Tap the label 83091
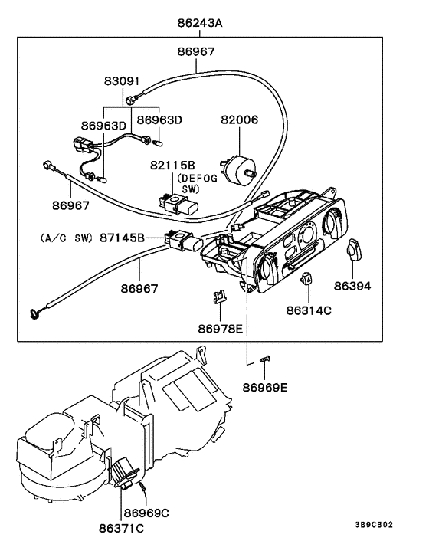(x=123, y=80)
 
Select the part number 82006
(x=240, y=120)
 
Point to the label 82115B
(x=172, y=165)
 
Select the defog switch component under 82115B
(x=175, y=204)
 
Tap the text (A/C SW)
(x=63, y=238)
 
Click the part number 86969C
(x=146, y=512)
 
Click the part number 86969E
(x=266, y=387)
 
